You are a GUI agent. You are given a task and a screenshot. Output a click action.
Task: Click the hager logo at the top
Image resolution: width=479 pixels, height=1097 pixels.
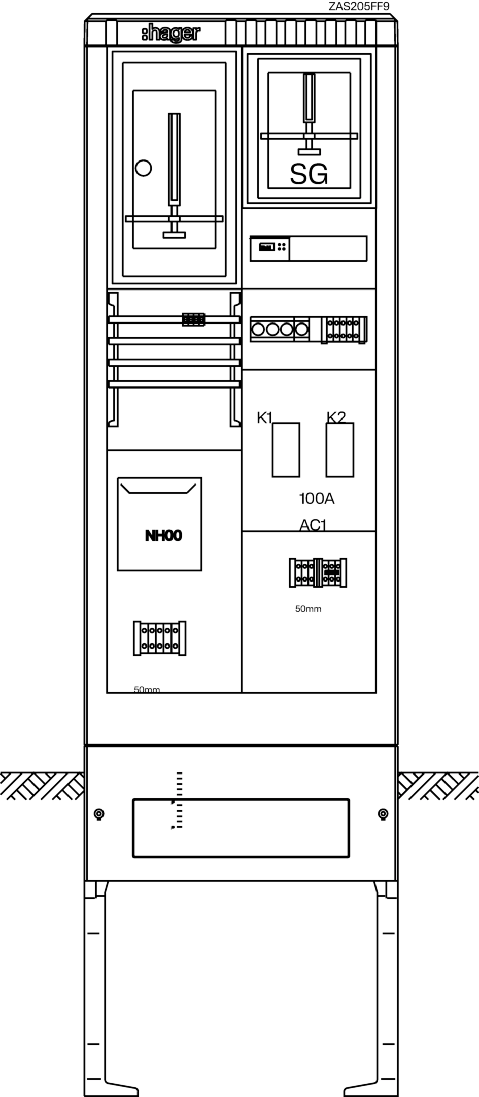pyautogui.click(x=171, y=34)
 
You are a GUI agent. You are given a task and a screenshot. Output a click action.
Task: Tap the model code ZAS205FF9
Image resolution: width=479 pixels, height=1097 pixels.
pyautogui.click(x=359, y=6)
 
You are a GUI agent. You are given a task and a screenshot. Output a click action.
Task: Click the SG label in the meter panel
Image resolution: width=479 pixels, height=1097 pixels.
pyautogui.click(x=309, y=174)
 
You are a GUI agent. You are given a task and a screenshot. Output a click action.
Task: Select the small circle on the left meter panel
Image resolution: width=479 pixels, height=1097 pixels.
pyautogui.click(x=144, y=168)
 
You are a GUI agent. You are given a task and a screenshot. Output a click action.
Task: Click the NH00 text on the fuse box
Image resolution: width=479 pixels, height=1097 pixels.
pyautogui.click(x=163, y=536)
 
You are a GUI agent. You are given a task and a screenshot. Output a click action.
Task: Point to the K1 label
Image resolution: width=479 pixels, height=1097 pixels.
pyautogui.click(x=265, y=417)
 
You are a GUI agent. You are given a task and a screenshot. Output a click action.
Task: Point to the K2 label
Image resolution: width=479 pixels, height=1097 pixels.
pyautogui.click(x=336, y=417)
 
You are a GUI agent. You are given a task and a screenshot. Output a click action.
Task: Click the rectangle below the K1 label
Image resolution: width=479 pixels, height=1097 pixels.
pyautogui.click(x=286, y=449)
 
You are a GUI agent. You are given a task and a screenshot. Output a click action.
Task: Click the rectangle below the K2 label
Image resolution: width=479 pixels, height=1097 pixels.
pyautogui.click(x=339, y=449)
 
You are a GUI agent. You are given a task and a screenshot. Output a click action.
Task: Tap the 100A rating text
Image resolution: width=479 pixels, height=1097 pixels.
pyautogui.click(x=317, y=499)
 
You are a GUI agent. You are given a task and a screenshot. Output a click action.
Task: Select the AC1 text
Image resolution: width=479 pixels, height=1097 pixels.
pyautogui.click(x=313, y=525)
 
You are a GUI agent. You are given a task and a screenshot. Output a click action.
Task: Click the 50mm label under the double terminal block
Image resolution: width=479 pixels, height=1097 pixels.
pyautogui.click(x=308, y=609)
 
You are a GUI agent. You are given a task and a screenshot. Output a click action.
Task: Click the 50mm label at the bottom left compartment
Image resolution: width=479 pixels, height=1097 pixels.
pyautogui.click(x=147, y=689)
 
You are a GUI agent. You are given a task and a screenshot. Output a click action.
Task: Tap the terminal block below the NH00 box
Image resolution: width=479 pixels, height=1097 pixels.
pyautogui.click(x=159, y=638)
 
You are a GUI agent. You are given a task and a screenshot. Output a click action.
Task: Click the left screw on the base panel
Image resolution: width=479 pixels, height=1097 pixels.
pyautogui.click(x=99, y=814)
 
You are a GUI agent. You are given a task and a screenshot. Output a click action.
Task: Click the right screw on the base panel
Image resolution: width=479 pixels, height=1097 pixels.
pyautogui.click(x=383, y=814)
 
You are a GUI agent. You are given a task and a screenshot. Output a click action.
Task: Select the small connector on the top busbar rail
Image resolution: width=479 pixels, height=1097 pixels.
pyautogui.click(x=193, y=319)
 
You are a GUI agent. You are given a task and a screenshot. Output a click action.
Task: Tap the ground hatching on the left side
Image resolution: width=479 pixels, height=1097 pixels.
pyautogui.click(x=42, y=786)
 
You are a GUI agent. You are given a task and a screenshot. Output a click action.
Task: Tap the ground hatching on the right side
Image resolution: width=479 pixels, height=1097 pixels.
pyautogui.click(x=438, y=786)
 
